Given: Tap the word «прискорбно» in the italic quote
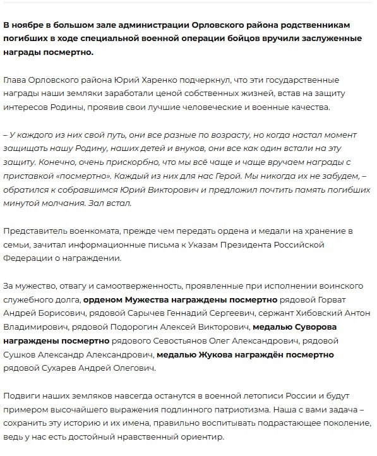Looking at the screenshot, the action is click(x=87, y=162).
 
